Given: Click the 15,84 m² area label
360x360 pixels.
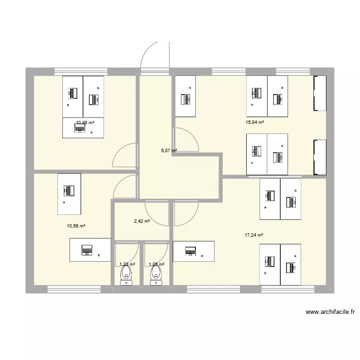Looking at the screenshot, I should coord(255,122).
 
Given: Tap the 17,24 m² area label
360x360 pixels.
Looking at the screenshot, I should coord(254,235).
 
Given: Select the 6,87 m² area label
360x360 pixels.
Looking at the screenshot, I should coord(169,150).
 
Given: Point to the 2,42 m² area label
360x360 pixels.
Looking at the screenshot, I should coord(142,221).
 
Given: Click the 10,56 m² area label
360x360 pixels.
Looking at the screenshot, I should coord(76,226).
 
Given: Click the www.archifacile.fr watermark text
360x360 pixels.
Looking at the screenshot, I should coord(330,312).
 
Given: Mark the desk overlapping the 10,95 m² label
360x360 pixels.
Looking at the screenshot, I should coord(83,128).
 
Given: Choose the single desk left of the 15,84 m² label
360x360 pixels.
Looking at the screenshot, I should coord(185,96).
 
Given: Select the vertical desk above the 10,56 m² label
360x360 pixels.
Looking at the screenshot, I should coord(69,194).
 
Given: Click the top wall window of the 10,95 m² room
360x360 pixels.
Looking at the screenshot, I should coord(79,72).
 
